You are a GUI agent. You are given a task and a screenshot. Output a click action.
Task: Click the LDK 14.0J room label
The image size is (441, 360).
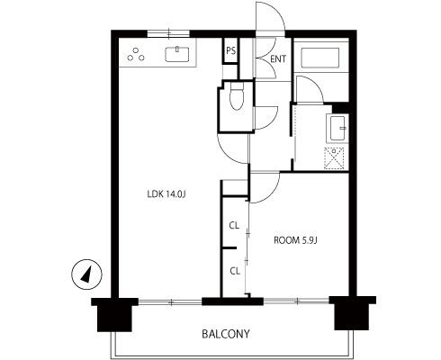pyautogui.click(x=166, y=194)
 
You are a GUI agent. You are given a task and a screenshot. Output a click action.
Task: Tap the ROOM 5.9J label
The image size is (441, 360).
pyautogui.click(x=295, y=240)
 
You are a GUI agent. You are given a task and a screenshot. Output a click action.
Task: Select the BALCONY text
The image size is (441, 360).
pyautogui.click(x=226, y=334)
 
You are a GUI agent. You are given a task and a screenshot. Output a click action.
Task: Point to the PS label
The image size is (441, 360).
pyautogui.click(x=230, y=51)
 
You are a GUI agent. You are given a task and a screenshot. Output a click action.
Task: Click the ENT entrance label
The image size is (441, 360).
pyautogui.click(x=278, y=59)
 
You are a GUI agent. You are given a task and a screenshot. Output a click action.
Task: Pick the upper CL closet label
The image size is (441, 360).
pyautogui.click(x=234, y=226)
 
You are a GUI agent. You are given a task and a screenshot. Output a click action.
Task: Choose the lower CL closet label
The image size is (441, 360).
pyautogui.click(x=235, y=271)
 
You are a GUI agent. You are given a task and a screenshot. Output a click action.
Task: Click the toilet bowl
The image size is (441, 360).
pyautogui.click(x=237, y=96)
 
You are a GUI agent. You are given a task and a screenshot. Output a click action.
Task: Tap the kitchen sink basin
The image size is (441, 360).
pyautogui.click(x=177, y=55)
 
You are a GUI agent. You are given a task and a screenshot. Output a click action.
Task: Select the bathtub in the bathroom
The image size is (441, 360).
pyautogui.click(x=320, y=58)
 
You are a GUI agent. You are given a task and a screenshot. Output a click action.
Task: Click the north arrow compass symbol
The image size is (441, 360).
pyautogui.click(x=86, y=274)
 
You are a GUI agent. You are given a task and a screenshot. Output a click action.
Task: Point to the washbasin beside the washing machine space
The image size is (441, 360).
pyautogui.click(x=337, y=128)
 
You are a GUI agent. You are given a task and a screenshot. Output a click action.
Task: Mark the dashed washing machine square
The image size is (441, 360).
pyautogui.click(x=334, y=158)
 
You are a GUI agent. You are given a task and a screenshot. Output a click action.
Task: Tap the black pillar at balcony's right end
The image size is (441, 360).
pyautogui.click(x=353, y=313)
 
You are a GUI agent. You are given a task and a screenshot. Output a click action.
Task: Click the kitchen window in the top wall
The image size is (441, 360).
pyautogui.click(x=168, y=33)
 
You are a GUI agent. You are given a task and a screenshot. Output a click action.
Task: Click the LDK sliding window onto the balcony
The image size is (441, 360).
pyautogui.click(x=170, y=302)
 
